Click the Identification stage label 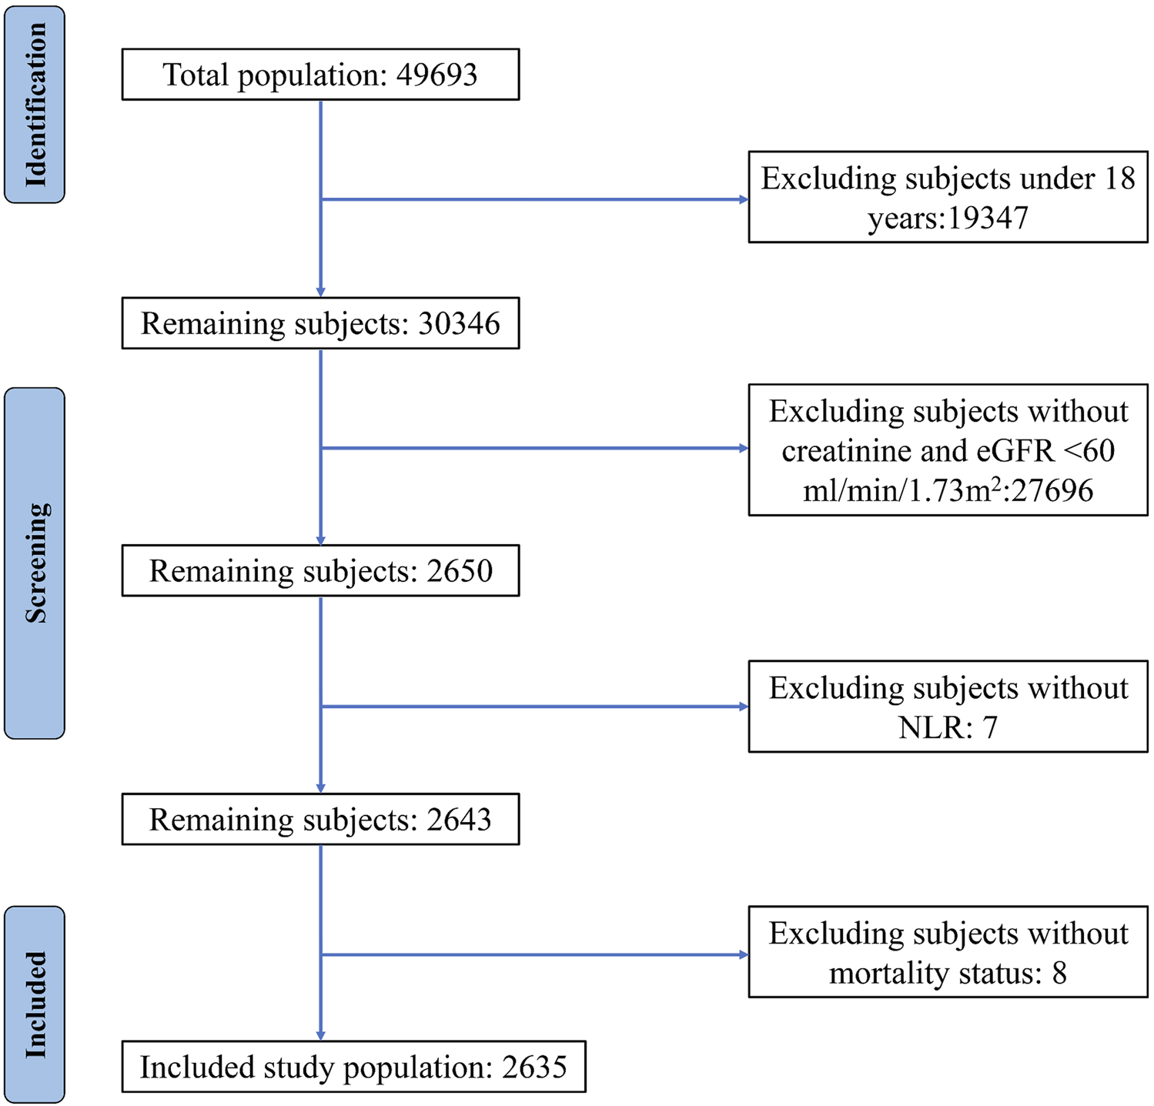[x=35, y=105]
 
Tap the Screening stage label [x=35, y=563]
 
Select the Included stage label [x=35, y=1004]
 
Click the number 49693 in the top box [x=437, y=75]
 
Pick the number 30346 [x=459, y=323]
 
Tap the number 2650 [x=460, y=571]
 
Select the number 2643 [x=459, y=820]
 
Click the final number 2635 [x=534, y=1068]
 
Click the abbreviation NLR [x=928, y=727]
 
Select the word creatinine [x=846, y=451]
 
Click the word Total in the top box [x=196, y=75]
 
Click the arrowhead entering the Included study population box [x=320, y=1035]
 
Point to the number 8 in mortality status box [x=1059, y=974]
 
